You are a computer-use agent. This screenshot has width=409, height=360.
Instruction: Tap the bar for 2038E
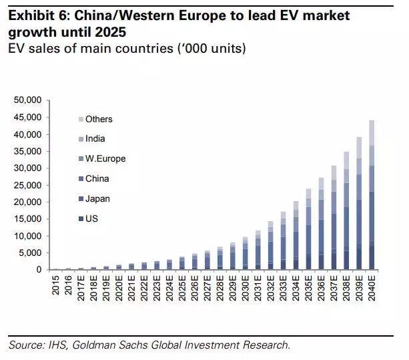(x=346, y=211)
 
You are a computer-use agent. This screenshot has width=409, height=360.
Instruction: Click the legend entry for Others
(x=98, y=120)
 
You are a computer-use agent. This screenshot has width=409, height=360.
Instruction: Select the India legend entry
(x=95, y=139)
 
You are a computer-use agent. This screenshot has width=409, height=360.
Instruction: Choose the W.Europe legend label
(x=105, y=159)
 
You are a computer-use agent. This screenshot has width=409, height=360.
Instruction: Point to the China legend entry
(x=96, y=179)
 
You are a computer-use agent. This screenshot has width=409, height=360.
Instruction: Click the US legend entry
(x=91, y=218)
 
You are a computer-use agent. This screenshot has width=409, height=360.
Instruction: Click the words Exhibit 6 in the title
(x=37, y=15)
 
